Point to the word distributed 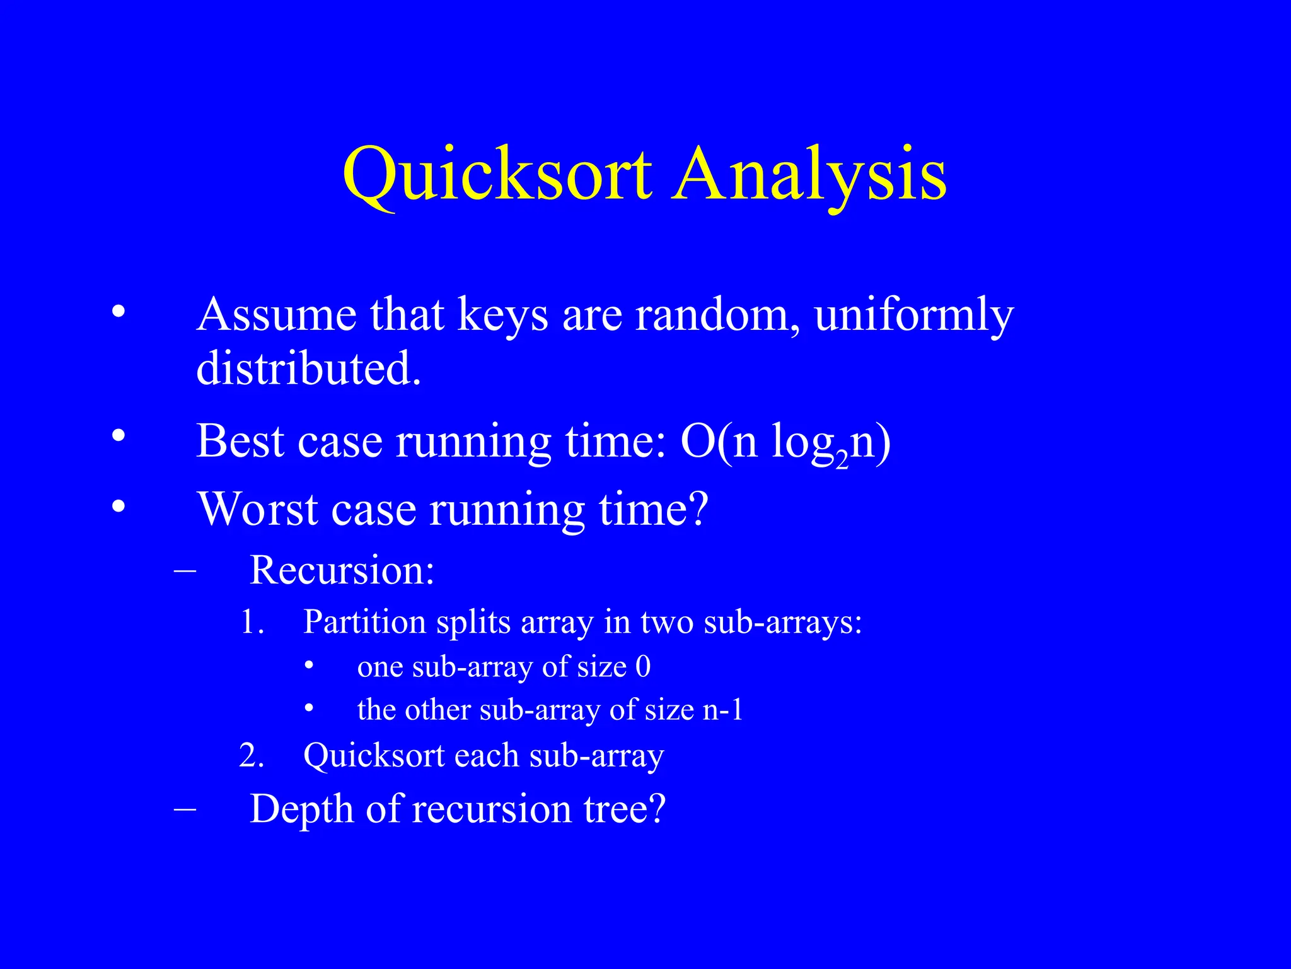308,368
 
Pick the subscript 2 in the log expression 842,462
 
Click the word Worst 257,508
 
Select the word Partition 364,622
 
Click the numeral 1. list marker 252,622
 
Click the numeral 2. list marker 252,755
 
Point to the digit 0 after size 643,667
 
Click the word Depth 301,809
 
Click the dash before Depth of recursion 185,809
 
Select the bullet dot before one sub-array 309,665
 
